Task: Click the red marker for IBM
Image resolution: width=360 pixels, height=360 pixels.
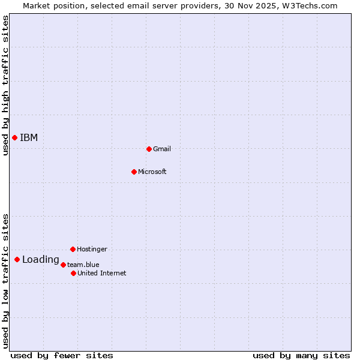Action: point(14,138)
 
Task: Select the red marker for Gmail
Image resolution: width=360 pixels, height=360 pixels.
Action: point(149,149)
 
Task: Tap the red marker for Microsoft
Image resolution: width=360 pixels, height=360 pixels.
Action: point(134,172)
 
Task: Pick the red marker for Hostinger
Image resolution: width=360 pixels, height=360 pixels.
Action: point(73,249)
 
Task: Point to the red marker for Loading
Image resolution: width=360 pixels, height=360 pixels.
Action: point(17,260)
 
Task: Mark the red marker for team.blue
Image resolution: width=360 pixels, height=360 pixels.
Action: point(63,265)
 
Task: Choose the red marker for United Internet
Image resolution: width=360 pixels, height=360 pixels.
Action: point(73,273)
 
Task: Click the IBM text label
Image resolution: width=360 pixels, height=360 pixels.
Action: point(29,138)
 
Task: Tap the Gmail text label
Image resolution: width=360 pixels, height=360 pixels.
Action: point(162,149)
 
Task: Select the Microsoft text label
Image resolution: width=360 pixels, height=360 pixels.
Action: point(152,172)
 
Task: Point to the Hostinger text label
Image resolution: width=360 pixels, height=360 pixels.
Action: point(92,249)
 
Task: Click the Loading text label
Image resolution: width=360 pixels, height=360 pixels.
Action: point(41,260)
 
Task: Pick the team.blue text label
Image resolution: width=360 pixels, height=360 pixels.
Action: point(83,265)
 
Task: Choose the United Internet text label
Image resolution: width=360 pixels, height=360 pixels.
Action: point(102,273)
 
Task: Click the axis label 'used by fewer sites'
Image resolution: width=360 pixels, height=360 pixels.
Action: point(62,355)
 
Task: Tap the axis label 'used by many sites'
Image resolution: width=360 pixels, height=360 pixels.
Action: point(301,355)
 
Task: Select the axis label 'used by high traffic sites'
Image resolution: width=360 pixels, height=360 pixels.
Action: point(5,86)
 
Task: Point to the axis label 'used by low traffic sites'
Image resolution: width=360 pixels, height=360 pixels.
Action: point(5,281)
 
